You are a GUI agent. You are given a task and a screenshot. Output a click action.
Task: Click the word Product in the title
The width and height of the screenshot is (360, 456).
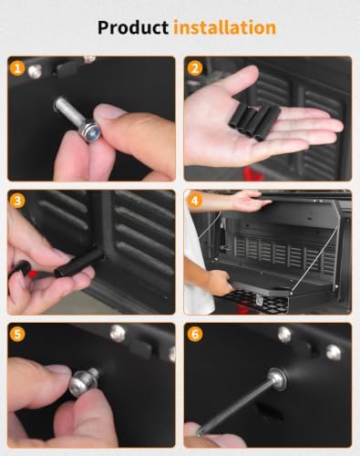click(x=133, y=28)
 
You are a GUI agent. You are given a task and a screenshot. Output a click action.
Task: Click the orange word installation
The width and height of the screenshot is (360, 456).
click(x=225, y=27)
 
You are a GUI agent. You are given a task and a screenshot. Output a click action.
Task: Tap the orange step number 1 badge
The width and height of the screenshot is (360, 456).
click(x=17, y=68)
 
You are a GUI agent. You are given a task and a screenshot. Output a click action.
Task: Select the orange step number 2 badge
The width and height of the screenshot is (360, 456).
click(x=195, y=68)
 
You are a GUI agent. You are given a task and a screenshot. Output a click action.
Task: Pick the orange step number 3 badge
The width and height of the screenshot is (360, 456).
click(x=17, y=201)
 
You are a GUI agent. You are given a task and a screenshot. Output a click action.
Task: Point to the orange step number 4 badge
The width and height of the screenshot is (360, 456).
click(x=195, y=201)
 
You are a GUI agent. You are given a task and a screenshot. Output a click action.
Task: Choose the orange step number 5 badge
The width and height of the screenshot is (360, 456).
click(x=17, y=334)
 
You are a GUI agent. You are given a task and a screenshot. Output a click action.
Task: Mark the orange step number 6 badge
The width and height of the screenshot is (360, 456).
click(x=195, y=334)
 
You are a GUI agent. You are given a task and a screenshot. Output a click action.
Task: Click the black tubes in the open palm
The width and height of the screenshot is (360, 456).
click(x=254, y=121)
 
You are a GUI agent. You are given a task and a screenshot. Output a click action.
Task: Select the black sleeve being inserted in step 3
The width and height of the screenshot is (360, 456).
click(x=79, y=262)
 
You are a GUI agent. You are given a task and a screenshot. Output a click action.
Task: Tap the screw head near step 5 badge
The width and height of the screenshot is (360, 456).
click(x=118, y=333)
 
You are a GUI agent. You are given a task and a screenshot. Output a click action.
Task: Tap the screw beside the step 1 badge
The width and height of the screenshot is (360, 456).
click(x=35, y=72)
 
